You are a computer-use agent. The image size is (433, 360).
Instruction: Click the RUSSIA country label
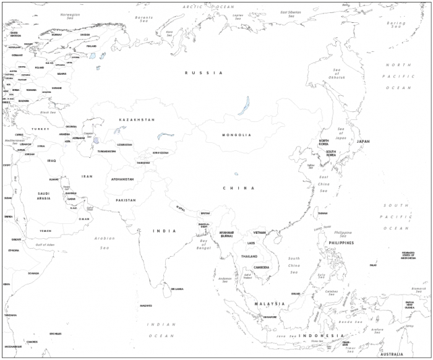point(204,73)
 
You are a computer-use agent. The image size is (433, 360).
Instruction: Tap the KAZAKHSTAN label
point(137,119)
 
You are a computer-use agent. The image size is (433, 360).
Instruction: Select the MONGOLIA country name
point(236,135)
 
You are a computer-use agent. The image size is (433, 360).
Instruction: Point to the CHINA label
point(239,188)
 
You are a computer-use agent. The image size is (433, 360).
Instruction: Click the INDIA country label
point(165,231)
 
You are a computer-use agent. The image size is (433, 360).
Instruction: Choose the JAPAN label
point(363,142)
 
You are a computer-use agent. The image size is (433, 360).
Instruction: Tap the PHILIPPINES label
point(341,243)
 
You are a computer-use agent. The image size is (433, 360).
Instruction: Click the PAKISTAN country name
point(126,200)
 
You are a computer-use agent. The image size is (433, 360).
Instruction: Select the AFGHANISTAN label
point(122,179)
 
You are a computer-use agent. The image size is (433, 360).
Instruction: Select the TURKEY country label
point(40,129)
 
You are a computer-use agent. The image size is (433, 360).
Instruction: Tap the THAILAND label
point(249,256)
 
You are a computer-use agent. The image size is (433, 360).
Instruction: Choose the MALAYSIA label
point(270,304)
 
